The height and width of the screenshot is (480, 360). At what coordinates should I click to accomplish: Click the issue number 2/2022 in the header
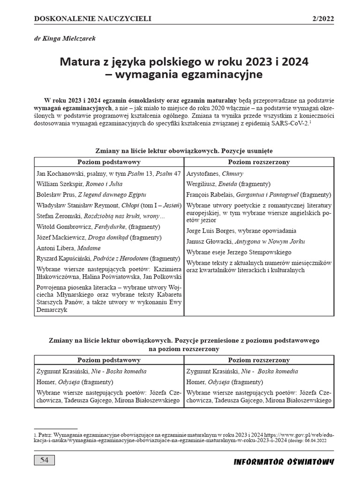322,19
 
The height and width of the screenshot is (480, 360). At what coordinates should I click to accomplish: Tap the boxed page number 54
44,460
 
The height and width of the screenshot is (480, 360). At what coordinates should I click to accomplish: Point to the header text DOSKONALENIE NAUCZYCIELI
93,19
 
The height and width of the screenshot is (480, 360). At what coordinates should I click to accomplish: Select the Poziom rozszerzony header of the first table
259,162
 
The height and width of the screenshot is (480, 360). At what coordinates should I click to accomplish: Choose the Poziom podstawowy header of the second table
109,360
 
